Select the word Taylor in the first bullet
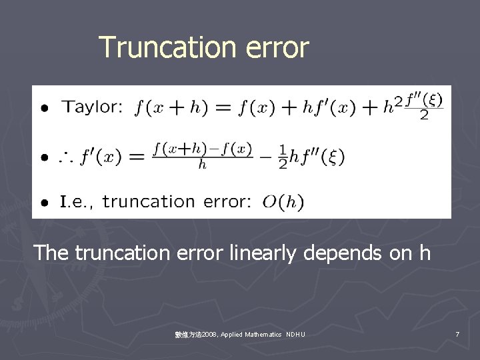click(92, 107)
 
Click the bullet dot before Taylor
click(44, 108)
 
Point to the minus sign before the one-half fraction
click(267, 157)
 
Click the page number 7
click(457, 334)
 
